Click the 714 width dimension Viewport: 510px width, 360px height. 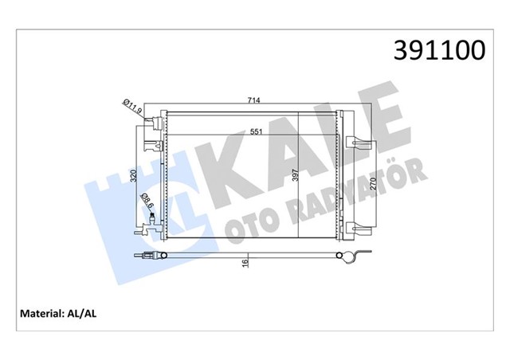point(254,100)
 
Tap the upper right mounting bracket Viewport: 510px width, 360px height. point(360,145)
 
